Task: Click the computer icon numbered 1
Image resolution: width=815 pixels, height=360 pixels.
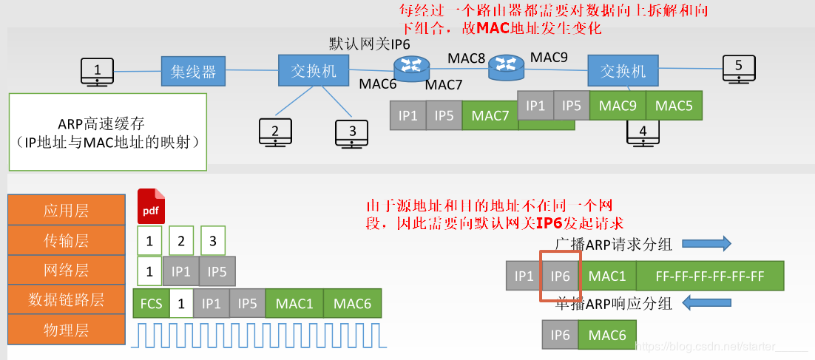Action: pos(97,72)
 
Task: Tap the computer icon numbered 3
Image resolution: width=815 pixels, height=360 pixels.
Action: pos(352,133)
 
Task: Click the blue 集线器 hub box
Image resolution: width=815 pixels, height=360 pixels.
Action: pos(193,71)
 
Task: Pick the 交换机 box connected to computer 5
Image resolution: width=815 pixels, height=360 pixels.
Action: pos(623,70)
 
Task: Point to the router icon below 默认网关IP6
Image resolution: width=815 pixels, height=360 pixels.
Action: pos(410,70)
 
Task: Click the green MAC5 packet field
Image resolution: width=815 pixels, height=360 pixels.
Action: pos(674,106)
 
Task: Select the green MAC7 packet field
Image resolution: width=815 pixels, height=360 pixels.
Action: pos(490,116)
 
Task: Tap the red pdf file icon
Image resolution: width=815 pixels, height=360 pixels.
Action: pos(151,206)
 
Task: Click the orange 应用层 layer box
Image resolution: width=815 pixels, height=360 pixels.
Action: pos(66,210)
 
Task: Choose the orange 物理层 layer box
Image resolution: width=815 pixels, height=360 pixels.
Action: pos(66,330)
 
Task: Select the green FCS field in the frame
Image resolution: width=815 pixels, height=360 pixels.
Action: pos(150,303)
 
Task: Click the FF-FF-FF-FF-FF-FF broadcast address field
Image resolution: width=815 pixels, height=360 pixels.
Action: pos(709,276)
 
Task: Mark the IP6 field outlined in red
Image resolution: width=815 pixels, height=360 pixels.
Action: pos(561,276)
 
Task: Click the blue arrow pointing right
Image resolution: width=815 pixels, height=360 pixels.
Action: pos(706,243)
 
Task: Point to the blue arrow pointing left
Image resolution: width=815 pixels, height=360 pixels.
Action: pos(706,302)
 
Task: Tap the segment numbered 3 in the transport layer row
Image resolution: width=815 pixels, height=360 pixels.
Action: pos(212,240)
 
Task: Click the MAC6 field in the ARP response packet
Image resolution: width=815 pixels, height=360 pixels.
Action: pos(607,335)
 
